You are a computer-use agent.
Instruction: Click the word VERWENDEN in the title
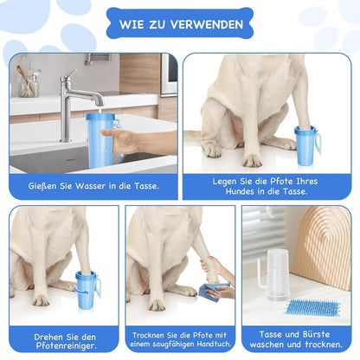click(207, 24)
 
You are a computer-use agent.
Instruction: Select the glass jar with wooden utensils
click(29, 82)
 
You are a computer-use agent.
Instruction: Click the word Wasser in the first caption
click(90, 186)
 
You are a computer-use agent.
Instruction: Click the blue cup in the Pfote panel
click(306, 145)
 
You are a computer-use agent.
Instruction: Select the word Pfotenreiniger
click(66, 345)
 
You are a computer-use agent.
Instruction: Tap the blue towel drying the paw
click(210, 292)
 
